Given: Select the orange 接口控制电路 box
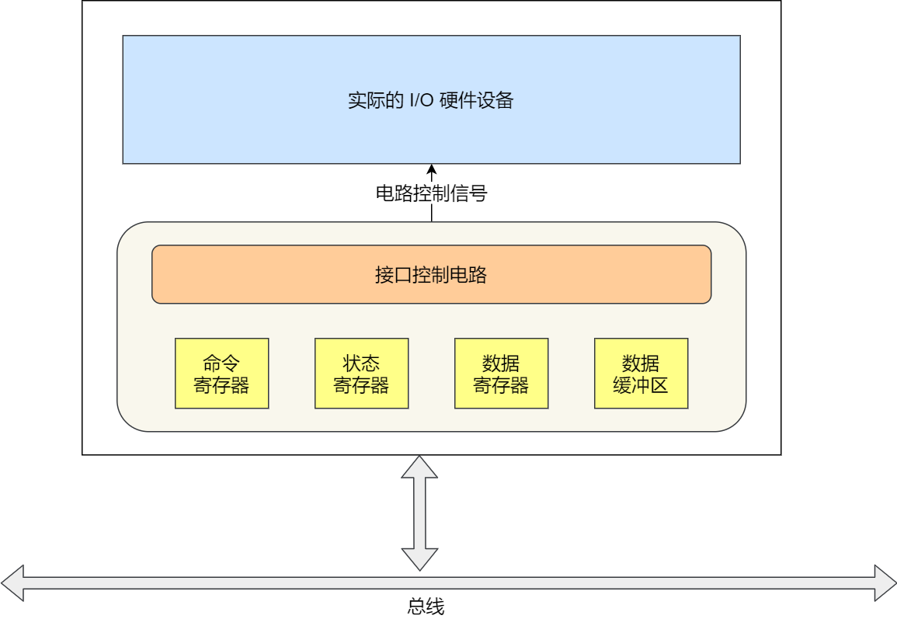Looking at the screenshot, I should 431,274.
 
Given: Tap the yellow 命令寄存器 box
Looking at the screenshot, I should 221,374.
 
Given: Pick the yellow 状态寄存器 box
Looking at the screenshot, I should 361,374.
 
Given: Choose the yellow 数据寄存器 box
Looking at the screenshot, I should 501,374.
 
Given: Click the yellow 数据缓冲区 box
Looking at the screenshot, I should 641,374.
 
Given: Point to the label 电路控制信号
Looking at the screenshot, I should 431,193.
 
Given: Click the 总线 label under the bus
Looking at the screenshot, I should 426,607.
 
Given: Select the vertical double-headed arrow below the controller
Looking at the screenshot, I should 420,513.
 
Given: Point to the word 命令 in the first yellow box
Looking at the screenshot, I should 221,363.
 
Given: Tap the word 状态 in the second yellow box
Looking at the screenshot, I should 361,363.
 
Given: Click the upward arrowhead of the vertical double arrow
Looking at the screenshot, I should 420,467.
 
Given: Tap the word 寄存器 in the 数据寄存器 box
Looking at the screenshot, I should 501,385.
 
